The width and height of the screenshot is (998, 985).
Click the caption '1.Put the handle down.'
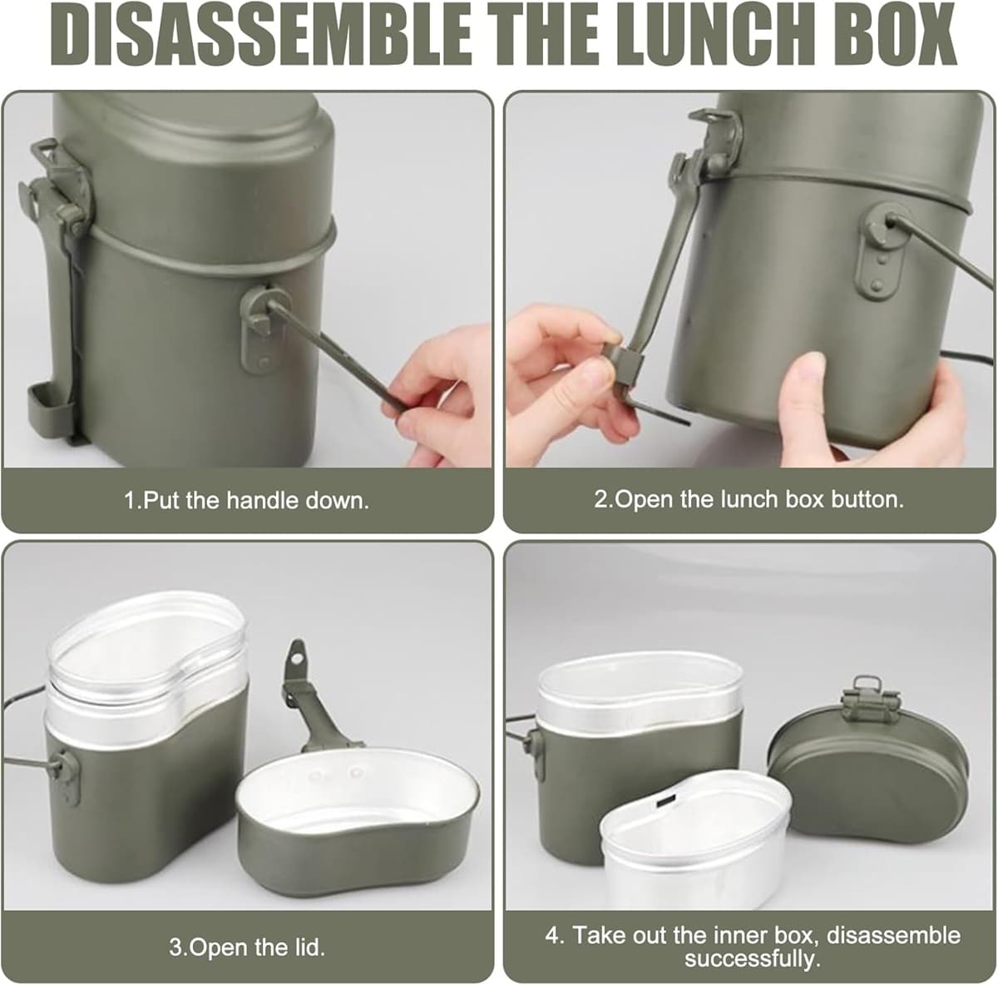pos(247,501)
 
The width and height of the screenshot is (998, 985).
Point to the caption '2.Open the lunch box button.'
pos(748,499)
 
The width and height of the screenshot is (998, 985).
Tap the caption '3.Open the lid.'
pos(247,948)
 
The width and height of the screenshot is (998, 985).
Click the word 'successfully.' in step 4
pos(752,958)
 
